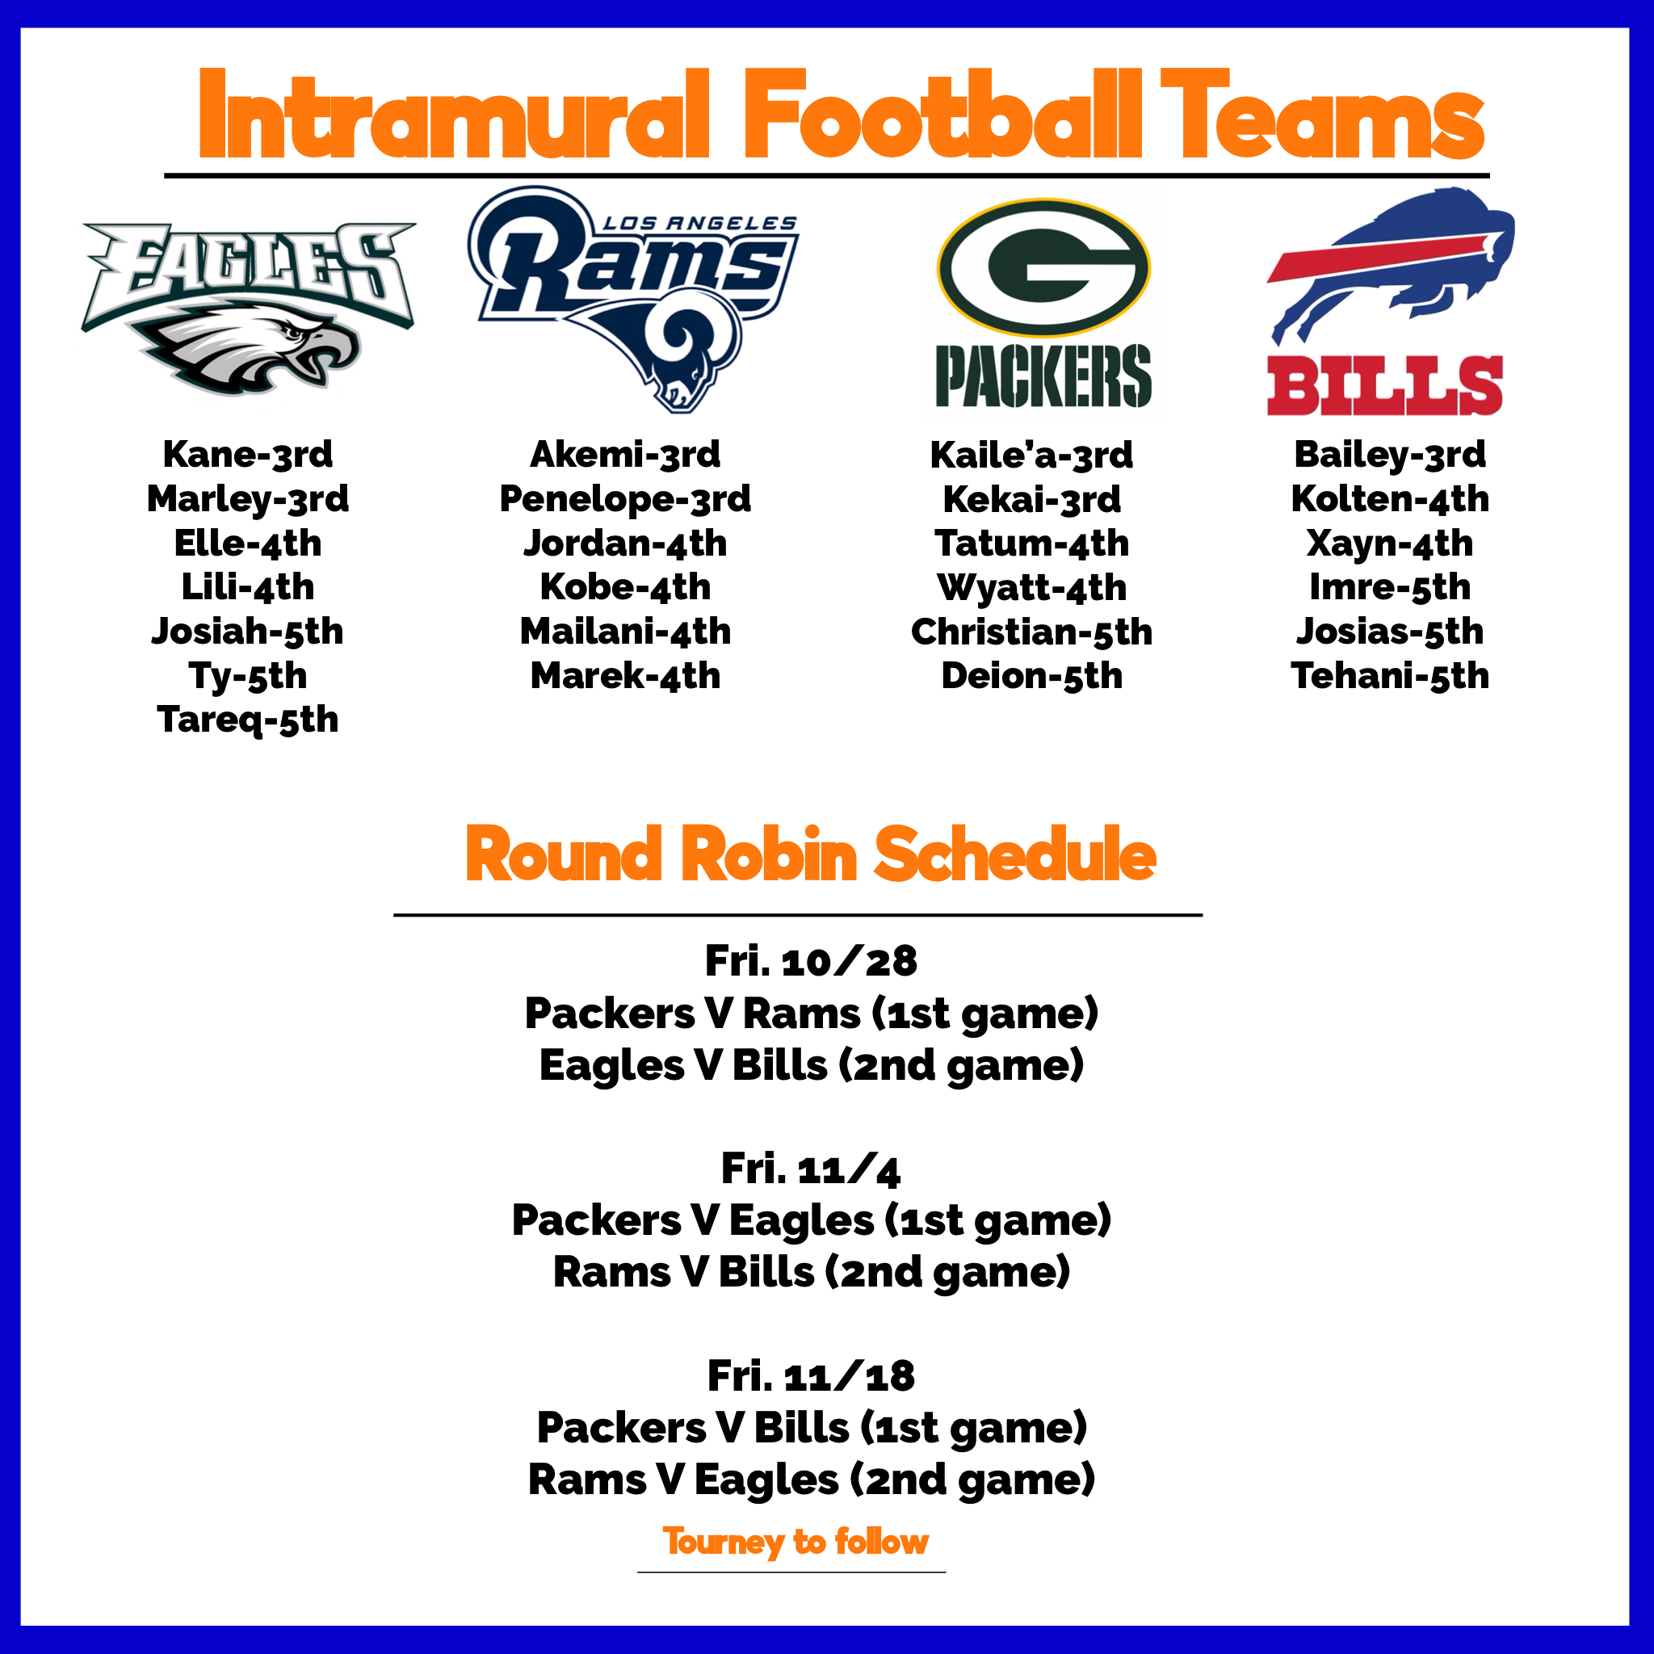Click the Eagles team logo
(248, 309)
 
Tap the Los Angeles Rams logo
(633, 299)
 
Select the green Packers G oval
(1043, 267)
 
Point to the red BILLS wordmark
(1384, 386)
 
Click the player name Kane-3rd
(247, 455)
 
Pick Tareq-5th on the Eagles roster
(247, 720)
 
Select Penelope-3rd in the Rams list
(625, 499)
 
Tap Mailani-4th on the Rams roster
(625, 632)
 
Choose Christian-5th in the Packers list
(1031, 632)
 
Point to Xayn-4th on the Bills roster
(1389, 544)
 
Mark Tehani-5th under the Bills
(1389, 676)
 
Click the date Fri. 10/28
(811, 960)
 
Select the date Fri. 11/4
(811, 1169)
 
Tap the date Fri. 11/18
(811, 1375)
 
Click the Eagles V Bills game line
(811, 1066)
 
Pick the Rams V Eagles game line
(811, 1480)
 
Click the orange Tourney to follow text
(796, 1542)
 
